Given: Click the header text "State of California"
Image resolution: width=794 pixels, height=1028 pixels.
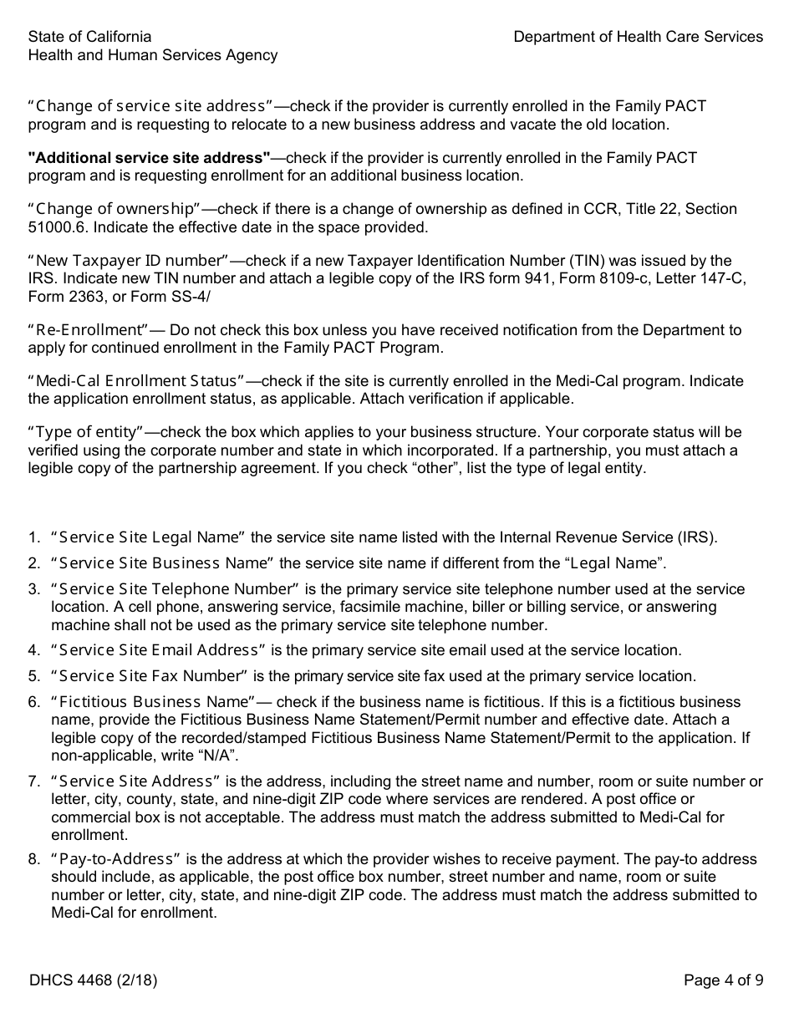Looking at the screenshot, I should click(90, 37).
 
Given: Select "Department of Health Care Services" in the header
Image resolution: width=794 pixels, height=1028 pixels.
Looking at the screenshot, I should click(638, 37).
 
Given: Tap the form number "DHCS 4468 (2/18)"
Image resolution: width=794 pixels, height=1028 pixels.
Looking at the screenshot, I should click(93, 980).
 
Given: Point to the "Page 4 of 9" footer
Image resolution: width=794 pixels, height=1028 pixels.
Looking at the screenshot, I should click(723, 980).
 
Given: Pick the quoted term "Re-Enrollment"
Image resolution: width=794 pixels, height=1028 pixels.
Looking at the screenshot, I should click(89, 330).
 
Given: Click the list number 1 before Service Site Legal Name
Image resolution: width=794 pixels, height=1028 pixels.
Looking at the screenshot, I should click(33, 537).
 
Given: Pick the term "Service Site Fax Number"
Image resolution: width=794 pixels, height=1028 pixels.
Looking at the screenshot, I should click(150, 676).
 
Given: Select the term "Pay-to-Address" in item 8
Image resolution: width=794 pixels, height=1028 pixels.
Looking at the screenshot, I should click(116, 859).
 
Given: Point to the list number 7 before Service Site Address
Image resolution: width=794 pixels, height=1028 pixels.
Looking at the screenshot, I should click(33, 781).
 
